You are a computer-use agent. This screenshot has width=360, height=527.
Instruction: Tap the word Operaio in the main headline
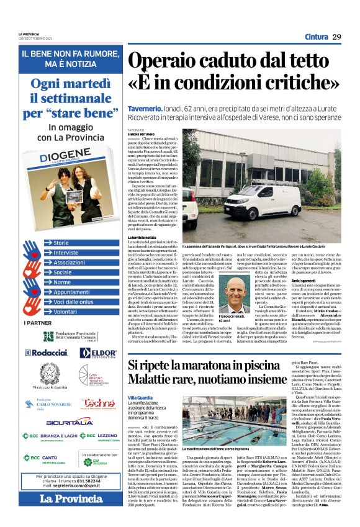pos(158,61)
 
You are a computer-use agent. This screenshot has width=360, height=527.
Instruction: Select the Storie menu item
pos(61,243)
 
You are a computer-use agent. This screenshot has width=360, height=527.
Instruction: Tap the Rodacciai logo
pos(45,352)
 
